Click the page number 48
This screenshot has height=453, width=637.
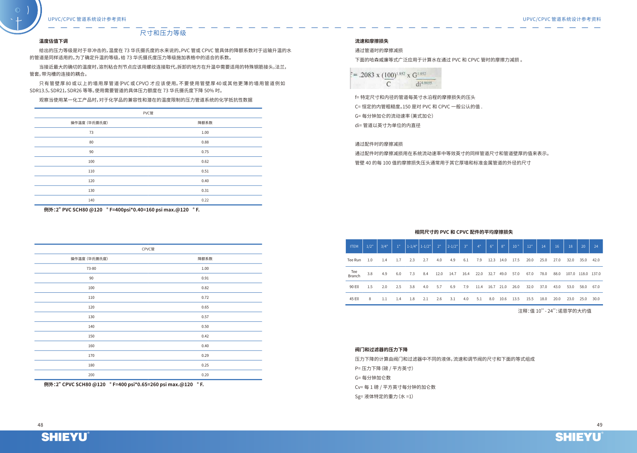coord(40,425)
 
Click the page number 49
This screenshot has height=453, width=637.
coord(599,425)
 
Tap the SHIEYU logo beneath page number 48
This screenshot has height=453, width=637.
coord(65,437)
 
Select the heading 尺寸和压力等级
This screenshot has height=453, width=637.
coord(163,33)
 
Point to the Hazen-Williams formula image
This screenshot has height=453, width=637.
coord(396,78)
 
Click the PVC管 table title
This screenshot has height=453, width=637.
coord(148,113)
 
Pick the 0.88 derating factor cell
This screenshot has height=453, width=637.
coord(205,142)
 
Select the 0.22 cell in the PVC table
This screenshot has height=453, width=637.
coord(205,200)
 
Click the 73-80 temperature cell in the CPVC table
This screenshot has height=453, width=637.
coord(91,269)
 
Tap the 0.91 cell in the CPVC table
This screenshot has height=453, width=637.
coord(205,278)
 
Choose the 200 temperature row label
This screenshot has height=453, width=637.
coord(91,375)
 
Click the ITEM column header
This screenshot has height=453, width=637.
coord(354,246)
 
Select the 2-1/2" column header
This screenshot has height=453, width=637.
coord(453,246)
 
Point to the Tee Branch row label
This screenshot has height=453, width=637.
coord(354,274)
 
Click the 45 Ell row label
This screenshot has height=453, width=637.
coord(354,299)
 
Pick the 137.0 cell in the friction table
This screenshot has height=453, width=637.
coord(596,274)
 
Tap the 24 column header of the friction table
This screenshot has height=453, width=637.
coord(596,246)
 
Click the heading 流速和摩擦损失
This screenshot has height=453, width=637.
coord(372,41)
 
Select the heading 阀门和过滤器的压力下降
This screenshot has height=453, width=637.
coord(381,350)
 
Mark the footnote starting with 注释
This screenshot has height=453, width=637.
coord(555,311)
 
